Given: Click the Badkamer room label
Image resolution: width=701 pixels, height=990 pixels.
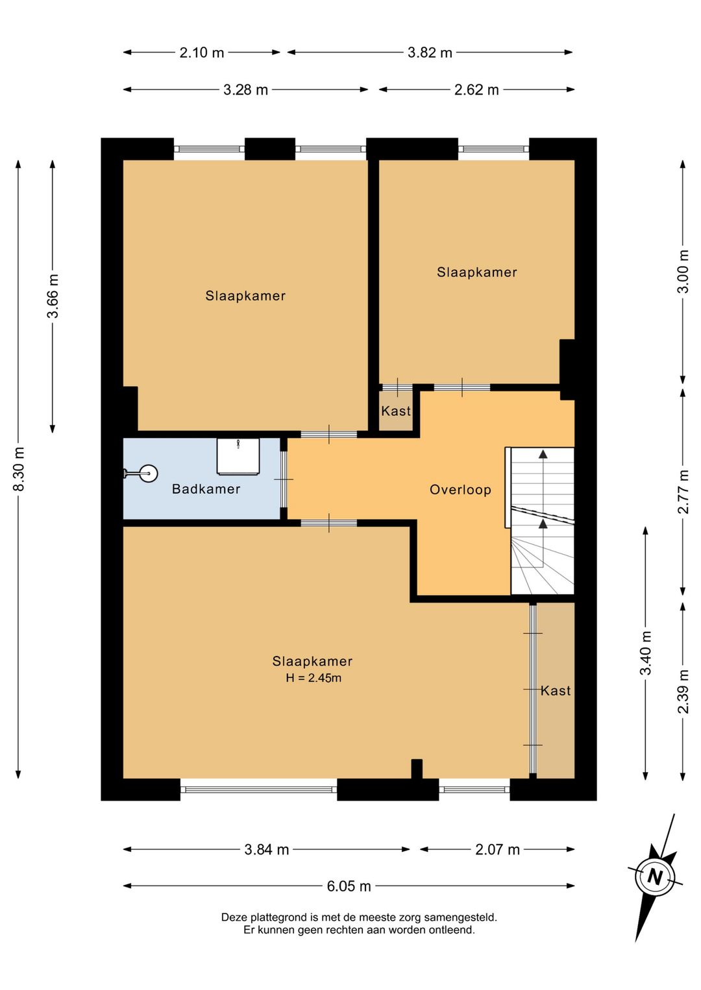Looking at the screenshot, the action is [206, 489].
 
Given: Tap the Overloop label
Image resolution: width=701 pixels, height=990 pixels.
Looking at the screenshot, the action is [460, 489].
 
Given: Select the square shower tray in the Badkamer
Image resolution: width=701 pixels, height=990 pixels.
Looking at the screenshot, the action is [238, 457].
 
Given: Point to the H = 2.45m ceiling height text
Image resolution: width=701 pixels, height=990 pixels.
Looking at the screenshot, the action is [313, 678].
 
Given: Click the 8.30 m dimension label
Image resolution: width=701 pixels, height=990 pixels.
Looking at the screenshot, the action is [19, 469].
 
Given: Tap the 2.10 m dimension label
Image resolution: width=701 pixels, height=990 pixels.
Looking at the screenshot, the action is [202, 53].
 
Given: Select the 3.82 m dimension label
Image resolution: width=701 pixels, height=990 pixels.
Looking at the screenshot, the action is [430, 53].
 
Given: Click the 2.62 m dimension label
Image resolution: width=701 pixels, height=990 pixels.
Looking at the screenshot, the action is [476, 90].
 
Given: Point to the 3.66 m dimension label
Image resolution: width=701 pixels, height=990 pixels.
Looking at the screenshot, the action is [53, 296].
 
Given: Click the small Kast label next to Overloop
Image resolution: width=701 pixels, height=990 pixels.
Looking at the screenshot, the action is [396, 411].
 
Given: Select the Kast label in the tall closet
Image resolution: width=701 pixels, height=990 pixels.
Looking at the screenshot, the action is [556, 691].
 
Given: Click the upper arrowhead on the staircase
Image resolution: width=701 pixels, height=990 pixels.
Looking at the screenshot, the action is [543, 453].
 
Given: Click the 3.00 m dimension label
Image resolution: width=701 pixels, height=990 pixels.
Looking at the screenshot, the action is [683, 272].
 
